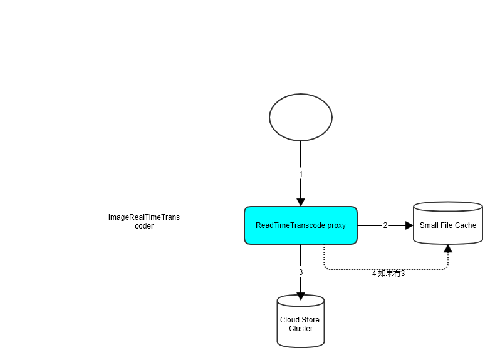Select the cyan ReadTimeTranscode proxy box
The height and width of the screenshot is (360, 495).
click(301, 225)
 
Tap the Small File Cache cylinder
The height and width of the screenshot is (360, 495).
click(448, 223)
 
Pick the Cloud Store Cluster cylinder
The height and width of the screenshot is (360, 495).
click(301, 321)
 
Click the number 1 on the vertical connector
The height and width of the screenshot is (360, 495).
click(301, 174)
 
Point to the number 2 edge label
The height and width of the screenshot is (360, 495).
click(385, 225)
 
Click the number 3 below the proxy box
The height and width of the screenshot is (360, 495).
click(301, 272)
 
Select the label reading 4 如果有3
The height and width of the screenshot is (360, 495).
click(388, 273)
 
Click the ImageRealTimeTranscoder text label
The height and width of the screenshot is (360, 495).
click(144, 222)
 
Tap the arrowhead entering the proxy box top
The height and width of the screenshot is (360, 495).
click(301, 202)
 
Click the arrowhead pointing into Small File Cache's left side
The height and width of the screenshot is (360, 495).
click(409, 225)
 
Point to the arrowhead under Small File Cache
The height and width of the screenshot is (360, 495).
click(448, 249)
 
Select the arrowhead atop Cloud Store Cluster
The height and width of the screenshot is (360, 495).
click(301, 296)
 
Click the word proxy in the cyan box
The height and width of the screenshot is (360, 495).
click(336, 225)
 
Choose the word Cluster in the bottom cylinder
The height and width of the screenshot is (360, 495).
click(301, 329)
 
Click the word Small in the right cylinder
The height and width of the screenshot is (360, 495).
click(427, 225)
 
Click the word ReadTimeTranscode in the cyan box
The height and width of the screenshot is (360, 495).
click(291, 225)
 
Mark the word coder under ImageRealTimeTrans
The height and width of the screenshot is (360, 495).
click(144, 226)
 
